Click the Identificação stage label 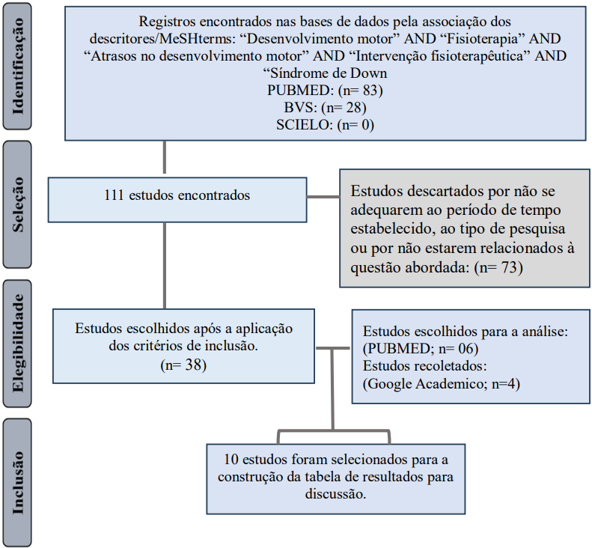[18, 67]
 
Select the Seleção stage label [18, 204]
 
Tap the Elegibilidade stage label [18, 343]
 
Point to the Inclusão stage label [18, 483]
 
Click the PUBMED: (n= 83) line [325, 91]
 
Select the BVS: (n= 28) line [325, 108]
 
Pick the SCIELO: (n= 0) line [325, 125]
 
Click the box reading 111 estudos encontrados [177, 200]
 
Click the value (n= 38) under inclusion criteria [183, 365]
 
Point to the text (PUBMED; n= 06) [421, 348]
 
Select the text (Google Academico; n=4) [442, 384]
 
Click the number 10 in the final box [231, 460]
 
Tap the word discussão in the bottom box [335, 494]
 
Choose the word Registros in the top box [167, 22]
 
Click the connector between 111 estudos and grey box [323, 197]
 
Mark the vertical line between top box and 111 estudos [165, 157]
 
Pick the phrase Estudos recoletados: [425, 366]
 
